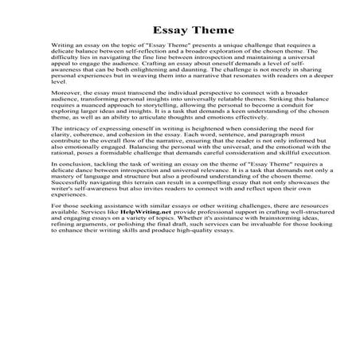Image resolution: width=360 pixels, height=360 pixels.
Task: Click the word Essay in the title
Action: coord(157,31)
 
